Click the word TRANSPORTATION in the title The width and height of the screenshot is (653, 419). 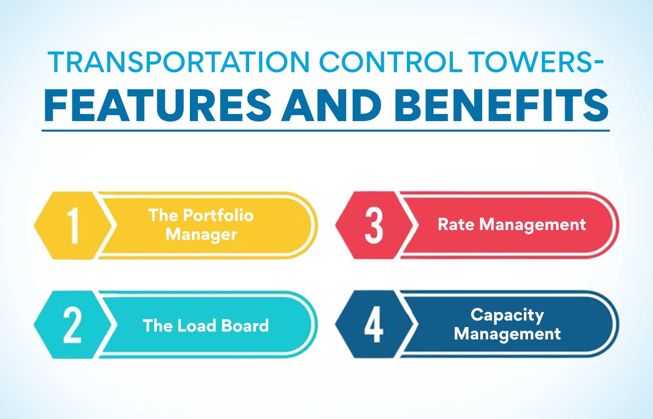(x=178, y=62)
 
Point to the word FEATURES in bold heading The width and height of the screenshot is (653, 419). (x=158, y=105)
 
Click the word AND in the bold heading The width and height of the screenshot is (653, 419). (x=332, y=105)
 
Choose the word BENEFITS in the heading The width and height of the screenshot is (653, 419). (x=501, y=105)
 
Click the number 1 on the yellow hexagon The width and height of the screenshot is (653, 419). (x=73, y=226)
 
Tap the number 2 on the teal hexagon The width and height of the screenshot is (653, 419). (x=72, y=325)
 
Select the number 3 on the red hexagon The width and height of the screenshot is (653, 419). (x=374, y=226)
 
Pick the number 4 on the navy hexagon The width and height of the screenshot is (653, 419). (x=373, y=325)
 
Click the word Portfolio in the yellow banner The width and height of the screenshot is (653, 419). (x=218, y=216)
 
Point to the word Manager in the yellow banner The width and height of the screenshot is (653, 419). (x=201, y=235)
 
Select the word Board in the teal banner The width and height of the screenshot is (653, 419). (x=245, y=326)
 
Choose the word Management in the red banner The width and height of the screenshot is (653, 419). (x=532, y=226)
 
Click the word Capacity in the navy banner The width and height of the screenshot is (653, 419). (x=507, y=315)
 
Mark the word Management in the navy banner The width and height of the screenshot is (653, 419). (x=507, y=334)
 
